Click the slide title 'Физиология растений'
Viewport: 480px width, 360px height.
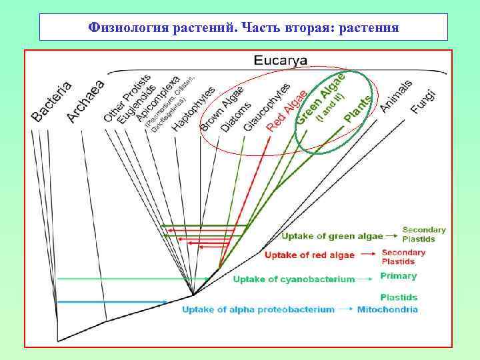pos(243,28)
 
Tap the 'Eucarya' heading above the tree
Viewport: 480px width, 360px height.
pos(281,61)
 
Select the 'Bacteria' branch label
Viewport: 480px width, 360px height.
pos(51,101)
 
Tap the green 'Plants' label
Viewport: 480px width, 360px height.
pos(358,109)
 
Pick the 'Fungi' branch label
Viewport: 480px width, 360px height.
pos(423,99)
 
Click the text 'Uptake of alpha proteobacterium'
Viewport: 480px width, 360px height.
pos(259,309)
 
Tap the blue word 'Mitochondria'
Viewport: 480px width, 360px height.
pos(387,309)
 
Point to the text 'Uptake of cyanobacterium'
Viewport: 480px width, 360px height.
pos(293,279)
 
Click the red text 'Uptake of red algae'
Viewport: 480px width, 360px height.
pos(310,255)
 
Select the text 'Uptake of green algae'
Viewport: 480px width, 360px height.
pos(332,235)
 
